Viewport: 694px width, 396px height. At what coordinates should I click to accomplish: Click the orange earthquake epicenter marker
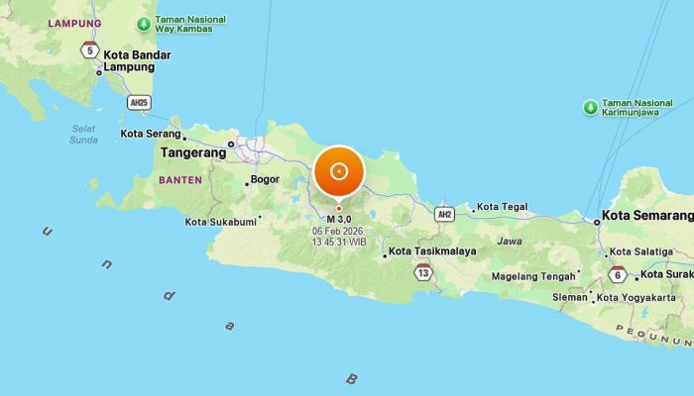(x=339, y=171)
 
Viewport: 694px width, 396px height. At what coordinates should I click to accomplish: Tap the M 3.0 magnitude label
(x=340, y=219)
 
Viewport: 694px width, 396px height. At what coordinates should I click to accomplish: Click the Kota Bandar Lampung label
(x=137, y=60)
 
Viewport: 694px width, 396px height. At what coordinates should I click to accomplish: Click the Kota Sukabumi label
(x=222, y=222)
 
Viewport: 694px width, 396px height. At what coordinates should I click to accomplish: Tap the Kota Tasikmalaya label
(x=432, y=251)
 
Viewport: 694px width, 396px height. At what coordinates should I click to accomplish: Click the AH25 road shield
(x=140, y=101)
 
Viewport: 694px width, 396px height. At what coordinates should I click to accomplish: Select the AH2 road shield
(x=444, y=214)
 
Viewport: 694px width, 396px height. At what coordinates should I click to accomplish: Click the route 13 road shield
(x=424, y=272)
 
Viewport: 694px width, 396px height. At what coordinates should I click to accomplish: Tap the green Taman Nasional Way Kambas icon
(x=145, y=23)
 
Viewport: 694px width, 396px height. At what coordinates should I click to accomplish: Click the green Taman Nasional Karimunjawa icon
(x=590, y=107)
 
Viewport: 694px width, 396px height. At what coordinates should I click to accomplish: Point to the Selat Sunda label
(x=84, y=134)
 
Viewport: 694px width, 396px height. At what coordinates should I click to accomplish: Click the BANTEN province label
(x=179, y=180)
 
